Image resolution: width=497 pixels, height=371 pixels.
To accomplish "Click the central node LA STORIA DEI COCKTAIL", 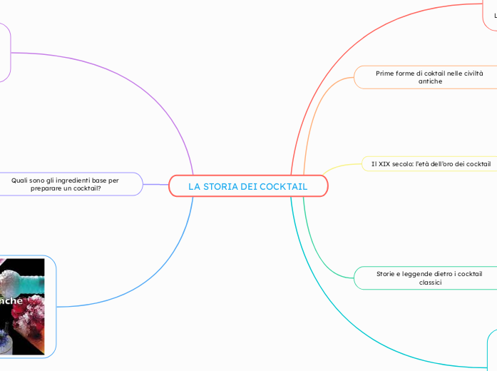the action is (x=248, y=186).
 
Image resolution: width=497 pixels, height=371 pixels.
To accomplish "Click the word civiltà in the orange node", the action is (x=468, y=73).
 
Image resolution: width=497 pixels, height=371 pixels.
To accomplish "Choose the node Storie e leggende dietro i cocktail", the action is (x=428, y=278).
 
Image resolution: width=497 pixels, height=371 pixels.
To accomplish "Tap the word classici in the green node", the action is (x=430, y=283).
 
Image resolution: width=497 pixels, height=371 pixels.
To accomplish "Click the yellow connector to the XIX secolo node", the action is (x=336, y=168).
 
